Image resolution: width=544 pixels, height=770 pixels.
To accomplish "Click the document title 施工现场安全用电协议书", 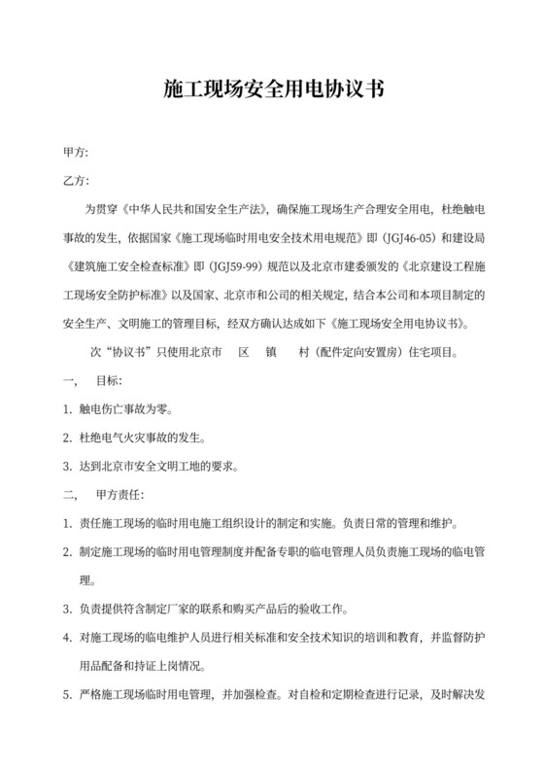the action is (x=272, y=90).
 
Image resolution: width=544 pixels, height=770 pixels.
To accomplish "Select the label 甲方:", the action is (x=76, y=153).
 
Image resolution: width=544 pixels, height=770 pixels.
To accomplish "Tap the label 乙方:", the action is (x=76, y=181).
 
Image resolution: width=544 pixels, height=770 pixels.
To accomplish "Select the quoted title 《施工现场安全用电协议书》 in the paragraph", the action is (x=400, y=322).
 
